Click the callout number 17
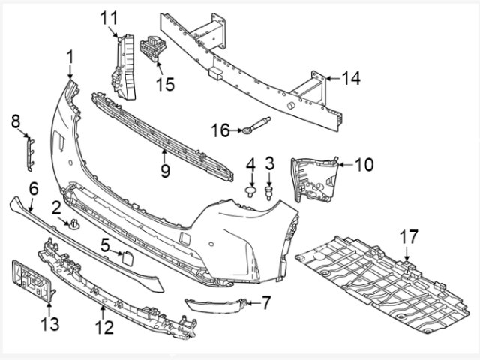(407, 238)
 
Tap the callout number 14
(351, 77)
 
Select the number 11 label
(110, 16)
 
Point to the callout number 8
(16, 120)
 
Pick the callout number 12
(103, 328)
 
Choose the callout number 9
(165, 170)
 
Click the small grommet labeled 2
(74, 223)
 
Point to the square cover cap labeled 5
(128, 260)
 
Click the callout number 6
(33, 188)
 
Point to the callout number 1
(70, 57)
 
